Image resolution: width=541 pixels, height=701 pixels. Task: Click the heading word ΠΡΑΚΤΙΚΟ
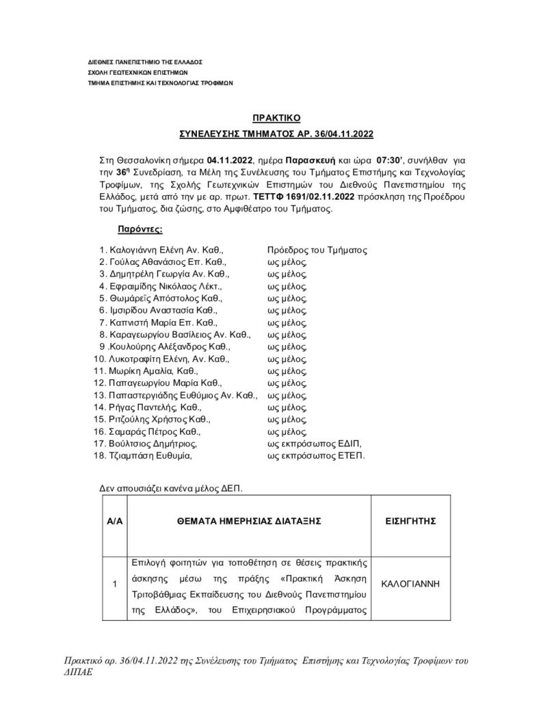click(272, 118)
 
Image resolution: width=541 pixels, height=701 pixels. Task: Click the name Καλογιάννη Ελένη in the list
click(142, 251)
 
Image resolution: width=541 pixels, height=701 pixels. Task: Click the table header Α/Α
click(114, 520)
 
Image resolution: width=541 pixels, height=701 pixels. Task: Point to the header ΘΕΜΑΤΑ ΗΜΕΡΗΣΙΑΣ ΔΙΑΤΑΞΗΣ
click(248, 520)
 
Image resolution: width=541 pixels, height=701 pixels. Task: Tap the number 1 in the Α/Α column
click(114, 584)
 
